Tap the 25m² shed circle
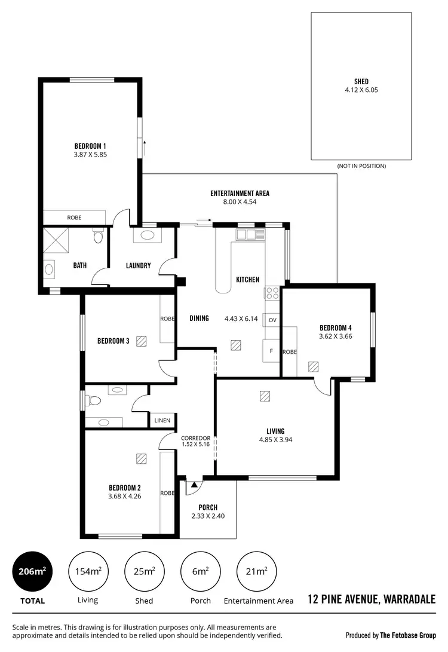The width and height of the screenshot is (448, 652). (144, 571)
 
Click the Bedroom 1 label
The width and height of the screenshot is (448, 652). (90, 146)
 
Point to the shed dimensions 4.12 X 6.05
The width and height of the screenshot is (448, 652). (361, 90)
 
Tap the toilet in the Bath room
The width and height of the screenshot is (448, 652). (98, 237)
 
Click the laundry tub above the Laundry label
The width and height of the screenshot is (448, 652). (146, 235)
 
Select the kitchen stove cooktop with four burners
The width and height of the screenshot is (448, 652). (272, 293)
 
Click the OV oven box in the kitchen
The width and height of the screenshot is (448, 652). (272, 320)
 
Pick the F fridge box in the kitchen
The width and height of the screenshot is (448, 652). (271, 351)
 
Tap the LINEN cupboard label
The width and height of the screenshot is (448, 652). (162, 421)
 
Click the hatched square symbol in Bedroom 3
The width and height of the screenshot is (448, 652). (142, 341)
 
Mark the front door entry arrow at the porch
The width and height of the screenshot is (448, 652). (194, 484)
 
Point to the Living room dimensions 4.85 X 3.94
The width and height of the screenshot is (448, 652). (275, 440)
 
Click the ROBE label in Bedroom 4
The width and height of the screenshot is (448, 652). (290, 352)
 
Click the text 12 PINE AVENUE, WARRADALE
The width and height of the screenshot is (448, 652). (371, 599)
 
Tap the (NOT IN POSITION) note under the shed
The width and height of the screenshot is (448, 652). (361, 166)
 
